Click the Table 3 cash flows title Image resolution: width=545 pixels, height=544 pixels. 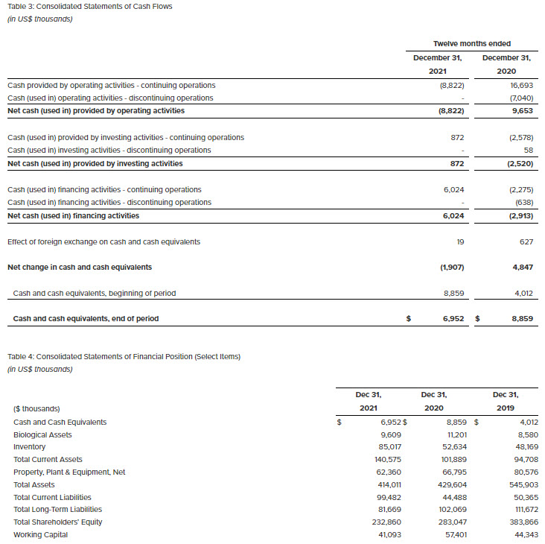pyautogui.click(x=89, y=7)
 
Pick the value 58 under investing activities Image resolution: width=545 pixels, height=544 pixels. pyautogui.click(x=528, y=150)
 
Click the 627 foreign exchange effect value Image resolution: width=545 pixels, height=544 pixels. pyautogui.click(x=526, y=241)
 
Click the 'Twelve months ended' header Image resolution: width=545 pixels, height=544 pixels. pyautogui.click(x=472, y=44)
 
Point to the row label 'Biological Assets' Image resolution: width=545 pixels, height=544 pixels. pyautogui.click(x=43, y=434)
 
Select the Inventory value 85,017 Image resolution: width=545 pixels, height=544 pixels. pyautogui.click(x=387, y=446)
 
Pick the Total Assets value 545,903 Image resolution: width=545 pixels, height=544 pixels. pyautogui.click(x=524, y=484)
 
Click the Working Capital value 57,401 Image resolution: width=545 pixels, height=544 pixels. pyautogui.click(x=452, y=534)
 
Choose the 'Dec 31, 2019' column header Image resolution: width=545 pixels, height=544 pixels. pyautogui.click(x=506, y=401)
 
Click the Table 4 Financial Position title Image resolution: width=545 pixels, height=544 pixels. pyautogui.click(x=124, y=356)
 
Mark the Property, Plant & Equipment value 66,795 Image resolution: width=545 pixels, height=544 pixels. pyautogui.click(x=452, y=472)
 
